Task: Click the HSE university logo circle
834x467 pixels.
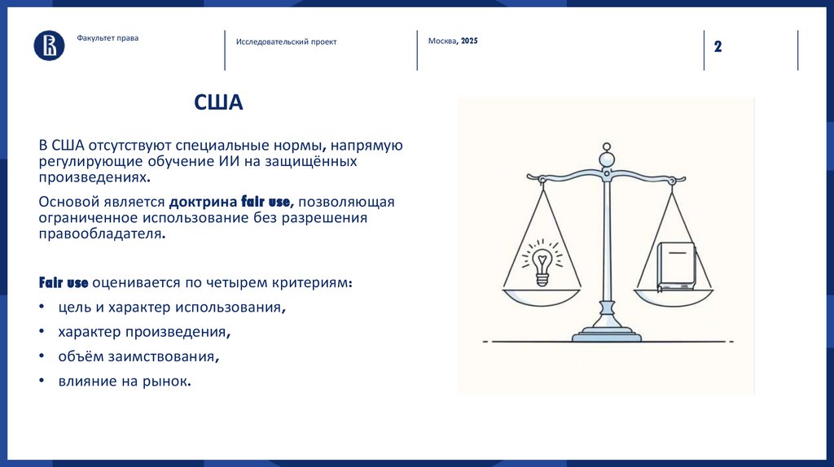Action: (x=49, y=45)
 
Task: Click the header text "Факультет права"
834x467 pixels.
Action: (x=108, y=37)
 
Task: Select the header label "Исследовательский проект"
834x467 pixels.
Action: (x=286, y=41)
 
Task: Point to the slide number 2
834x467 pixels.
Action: (x=718, y=46)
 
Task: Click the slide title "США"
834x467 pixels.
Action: (x=218, y=103)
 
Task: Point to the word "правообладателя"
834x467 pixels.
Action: (x=102, y=233)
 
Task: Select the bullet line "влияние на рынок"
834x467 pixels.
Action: (x=124, y=380)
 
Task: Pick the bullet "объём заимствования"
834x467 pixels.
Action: (x=138, y=356)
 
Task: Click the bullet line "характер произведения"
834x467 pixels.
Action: (x=143, y=332)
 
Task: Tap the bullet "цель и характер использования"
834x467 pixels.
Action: (x=171, y=308)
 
